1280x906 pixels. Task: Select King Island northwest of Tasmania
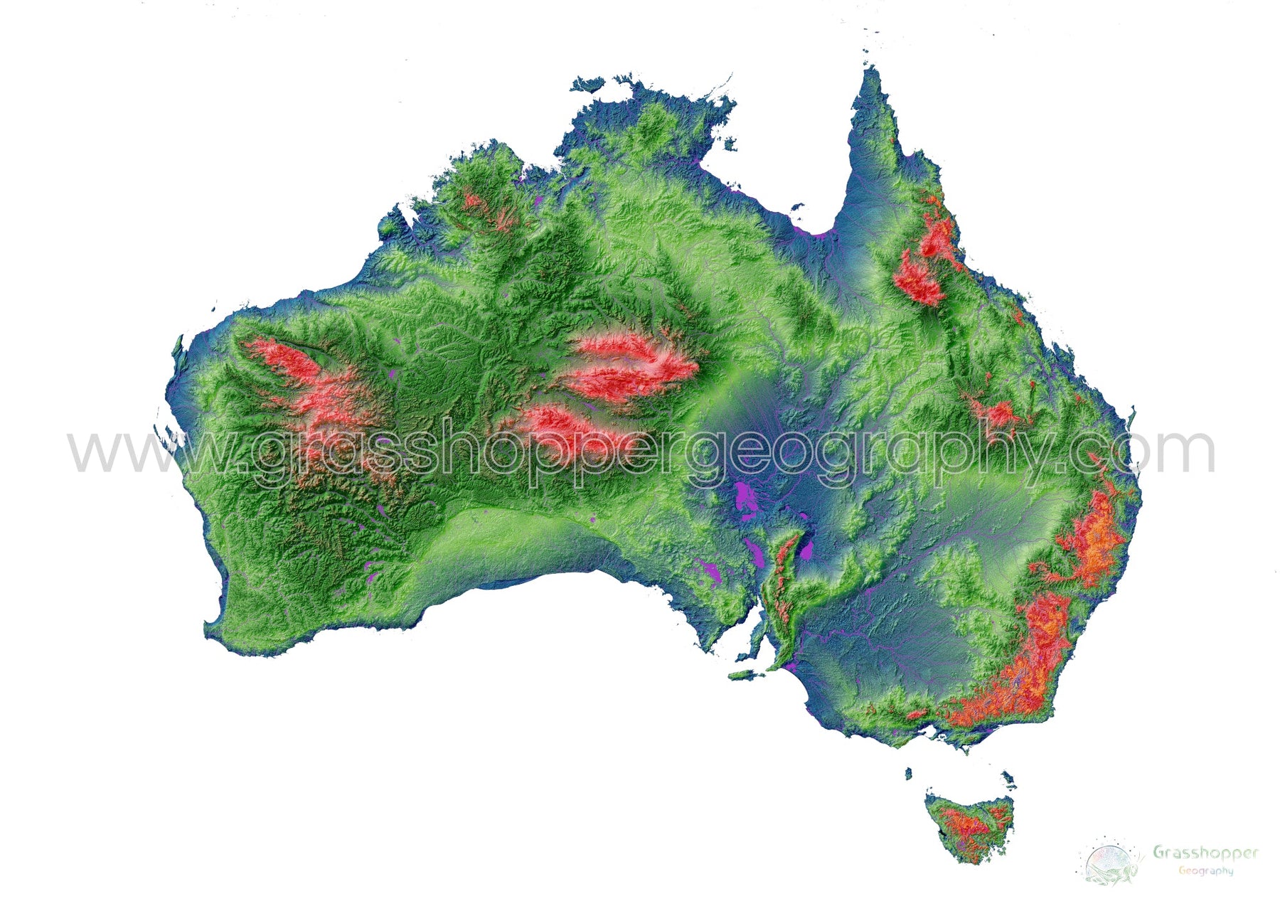(x=909, y=773)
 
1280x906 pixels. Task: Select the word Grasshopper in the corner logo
(x=1205, y=852)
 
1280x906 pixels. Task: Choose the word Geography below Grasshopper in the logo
(x=1205, y=870)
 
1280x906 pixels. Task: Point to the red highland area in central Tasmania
(x=967, y=825)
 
